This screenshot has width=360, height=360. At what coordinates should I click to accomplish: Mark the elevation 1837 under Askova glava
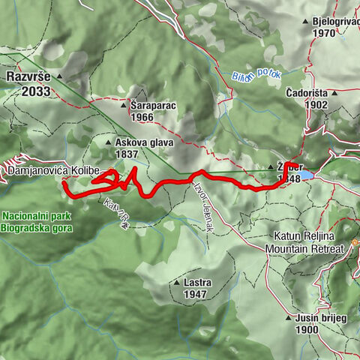127,154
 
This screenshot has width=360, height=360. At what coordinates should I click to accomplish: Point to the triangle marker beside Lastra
176,283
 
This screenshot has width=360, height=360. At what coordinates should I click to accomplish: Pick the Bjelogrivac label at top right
334,22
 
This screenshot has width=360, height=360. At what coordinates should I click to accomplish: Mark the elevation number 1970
325,33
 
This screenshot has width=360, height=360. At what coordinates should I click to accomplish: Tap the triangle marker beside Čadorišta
334,94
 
